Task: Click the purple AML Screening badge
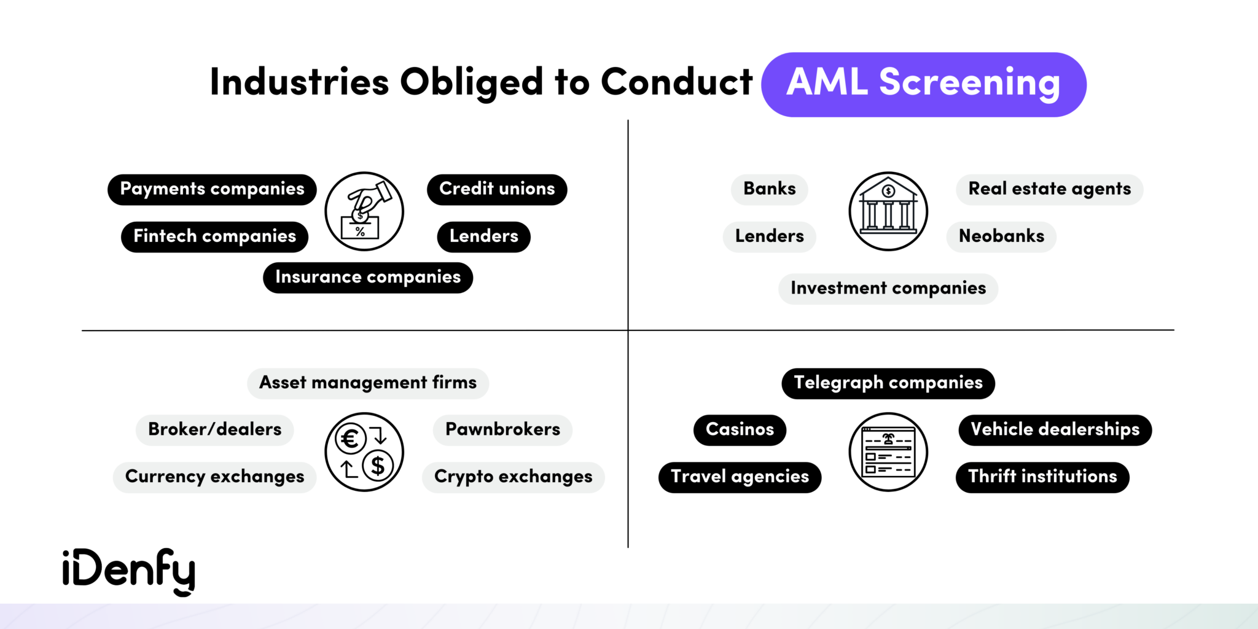[923, 84]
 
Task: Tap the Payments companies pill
[212, 189]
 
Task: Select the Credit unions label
[497, 189]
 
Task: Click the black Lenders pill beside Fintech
[483, 236]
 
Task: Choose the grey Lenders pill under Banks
[769, 236]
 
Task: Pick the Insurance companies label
[368, 278]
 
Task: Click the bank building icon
[888, 211]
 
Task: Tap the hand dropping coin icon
[364, 211]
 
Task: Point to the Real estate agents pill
[1049, 189]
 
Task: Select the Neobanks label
[1001, 236]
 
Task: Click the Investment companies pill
[888, 289]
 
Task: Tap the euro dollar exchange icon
[364, 452]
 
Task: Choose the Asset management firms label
[368, 383]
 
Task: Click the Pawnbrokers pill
[502, 430]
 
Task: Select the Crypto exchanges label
[513, 477]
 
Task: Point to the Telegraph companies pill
[888, 383]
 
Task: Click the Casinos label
[740, 430]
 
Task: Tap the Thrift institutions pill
[1042, 477]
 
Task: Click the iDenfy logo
[129, 571]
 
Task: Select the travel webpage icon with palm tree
[888, 452]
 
